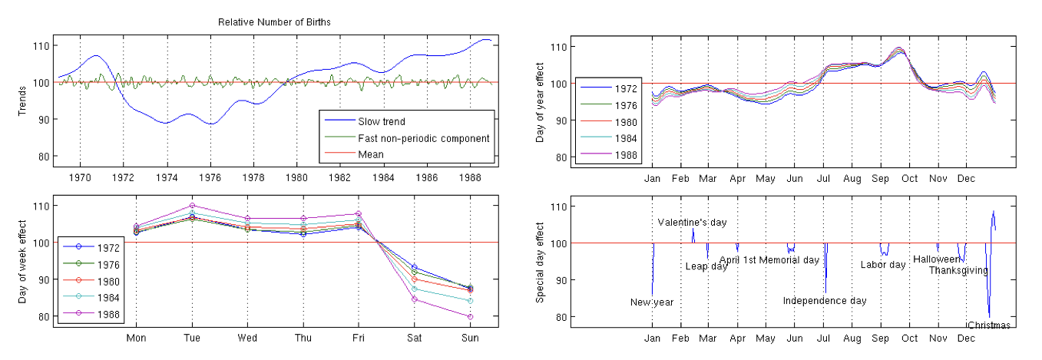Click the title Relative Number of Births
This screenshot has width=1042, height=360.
(274, 22)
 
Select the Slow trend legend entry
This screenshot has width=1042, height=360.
(381, 121)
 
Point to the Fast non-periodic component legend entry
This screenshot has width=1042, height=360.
(423, 138)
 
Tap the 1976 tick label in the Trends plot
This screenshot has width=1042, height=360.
(211, 177)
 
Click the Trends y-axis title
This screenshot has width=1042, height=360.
(23, 101)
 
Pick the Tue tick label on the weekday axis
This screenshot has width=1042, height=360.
(191, 337)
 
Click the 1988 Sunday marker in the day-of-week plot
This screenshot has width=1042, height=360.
(471, 316)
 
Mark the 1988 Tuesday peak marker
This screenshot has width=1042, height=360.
(191, 206)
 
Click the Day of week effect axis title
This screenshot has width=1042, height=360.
(23, 260)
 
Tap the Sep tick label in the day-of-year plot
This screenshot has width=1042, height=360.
(880, 177)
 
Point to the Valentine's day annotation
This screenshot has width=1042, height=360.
(692, 223)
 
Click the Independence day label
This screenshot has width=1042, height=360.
(824, 301)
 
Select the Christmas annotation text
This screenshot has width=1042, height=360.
(989, 325)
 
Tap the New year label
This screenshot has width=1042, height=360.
(651, 302)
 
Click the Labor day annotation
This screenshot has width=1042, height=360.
(882, 265)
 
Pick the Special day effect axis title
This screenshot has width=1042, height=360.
(540, 260)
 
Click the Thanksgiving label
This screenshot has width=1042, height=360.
(958, 270)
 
